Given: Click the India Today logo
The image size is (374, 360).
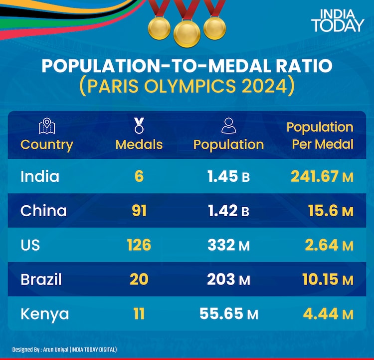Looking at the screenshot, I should click(338, 20).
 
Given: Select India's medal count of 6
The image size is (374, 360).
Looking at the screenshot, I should click(139, 176).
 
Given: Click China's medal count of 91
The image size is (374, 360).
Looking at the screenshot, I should click(139, 211).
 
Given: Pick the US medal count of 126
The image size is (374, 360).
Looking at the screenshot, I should click(139, 245).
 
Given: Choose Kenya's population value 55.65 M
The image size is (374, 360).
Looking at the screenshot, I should click(229, 314).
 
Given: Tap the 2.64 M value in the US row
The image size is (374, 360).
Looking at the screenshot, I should click(328, 245).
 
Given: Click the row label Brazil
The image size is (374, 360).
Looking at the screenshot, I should click(41, 279).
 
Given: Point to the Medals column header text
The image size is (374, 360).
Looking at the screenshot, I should click(139, 144).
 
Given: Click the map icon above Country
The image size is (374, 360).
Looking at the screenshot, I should click(47, 126).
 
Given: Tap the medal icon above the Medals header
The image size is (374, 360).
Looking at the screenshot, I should click(139, 125).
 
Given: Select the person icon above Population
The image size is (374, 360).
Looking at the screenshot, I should click(229, 126).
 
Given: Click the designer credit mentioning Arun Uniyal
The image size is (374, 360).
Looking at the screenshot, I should click(65, 350).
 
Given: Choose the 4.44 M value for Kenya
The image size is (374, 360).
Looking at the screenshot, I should click(328, 314).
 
